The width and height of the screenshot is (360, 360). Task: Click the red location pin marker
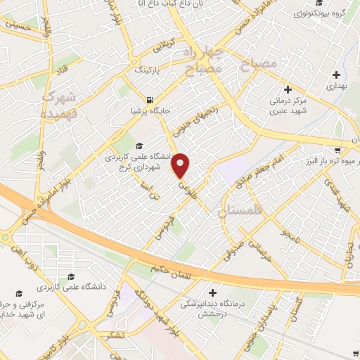(181, 166)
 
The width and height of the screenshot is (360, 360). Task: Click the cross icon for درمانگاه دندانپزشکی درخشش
(213, 292)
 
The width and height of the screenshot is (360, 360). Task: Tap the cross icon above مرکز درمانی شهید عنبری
(287, 89)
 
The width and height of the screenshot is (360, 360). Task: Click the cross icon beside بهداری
(336, 75)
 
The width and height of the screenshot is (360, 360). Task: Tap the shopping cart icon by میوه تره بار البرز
(338, 149)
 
